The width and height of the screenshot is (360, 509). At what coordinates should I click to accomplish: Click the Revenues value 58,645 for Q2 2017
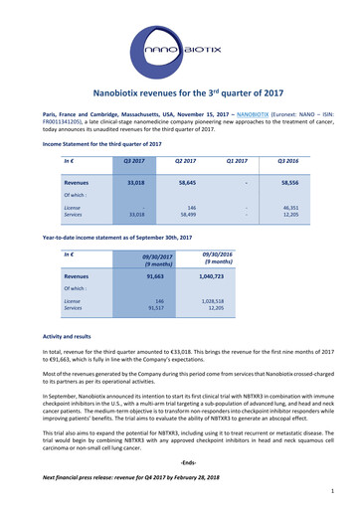tap(182, 184)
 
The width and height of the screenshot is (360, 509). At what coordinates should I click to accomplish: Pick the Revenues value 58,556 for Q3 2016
tap(291, 184)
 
